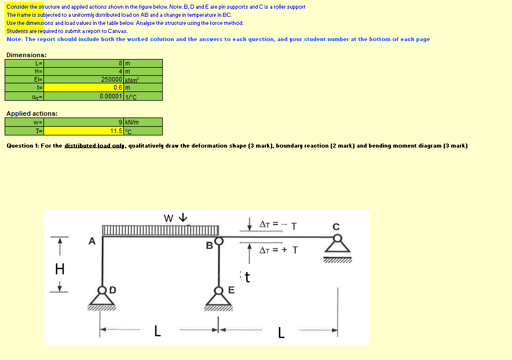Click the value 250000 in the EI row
point(111,79)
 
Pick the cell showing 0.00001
point(110,96)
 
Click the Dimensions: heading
point(26,55)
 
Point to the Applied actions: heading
point(31,114)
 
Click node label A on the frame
point(92,241)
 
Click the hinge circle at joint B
point(218,240)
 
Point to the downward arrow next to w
point(183,218)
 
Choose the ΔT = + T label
point(279,250)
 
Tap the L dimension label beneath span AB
point(156,331)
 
